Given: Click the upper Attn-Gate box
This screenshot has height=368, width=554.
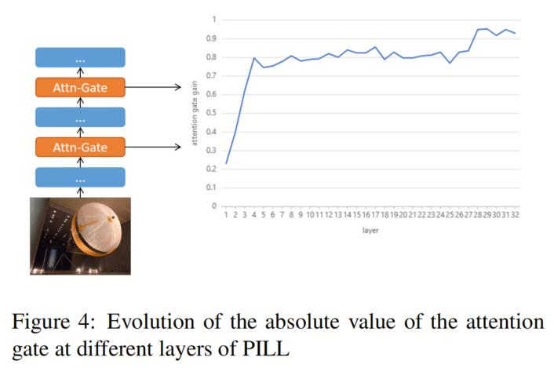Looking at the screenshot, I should [80, 87].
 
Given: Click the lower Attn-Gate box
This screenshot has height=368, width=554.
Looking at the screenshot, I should [80, 147].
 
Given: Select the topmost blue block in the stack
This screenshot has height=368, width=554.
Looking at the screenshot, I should [80, 57].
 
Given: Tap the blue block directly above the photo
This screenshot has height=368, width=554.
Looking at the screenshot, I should [80, 177].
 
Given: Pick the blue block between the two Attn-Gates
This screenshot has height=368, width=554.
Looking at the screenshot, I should [80, 118].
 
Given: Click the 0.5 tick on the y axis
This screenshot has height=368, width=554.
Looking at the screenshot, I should [211, 113].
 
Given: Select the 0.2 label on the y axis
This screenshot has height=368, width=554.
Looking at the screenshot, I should [211, 169].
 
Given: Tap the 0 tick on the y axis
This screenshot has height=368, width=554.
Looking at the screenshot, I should [214, 206].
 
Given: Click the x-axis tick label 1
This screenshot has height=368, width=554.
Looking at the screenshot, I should [226, 215].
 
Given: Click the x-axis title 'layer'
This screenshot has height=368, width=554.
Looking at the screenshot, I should [370, 231].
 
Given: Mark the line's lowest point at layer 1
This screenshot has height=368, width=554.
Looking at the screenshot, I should [226, 163].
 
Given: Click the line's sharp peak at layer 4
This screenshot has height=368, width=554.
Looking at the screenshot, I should [253, 58].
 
